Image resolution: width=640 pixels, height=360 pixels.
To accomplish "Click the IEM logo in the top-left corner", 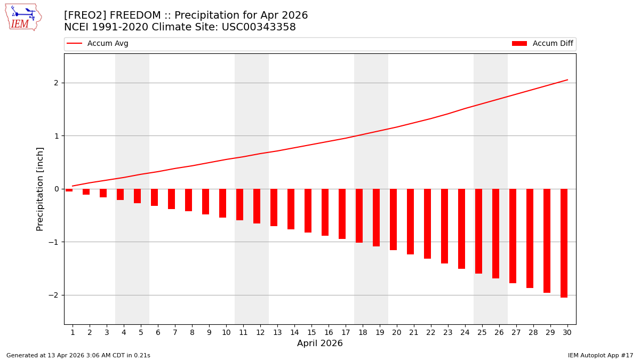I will [23, 17].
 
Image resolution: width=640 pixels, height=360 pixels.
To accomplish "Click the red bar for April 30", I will [564, 243].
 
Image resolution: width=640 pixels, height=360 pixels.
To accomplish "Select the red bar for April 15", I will [308, 211].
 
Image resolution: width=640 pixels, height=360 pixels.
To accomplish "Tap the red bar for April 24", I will [461, 228].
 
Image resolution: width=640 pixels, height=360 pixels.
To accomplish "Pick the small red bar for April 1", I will [69, 190].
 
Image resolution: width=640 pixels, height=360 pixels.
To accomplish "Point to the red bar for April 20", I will [393, 219].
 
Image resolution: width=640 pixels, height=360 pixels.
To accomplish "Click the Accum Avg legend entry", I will [98, 44].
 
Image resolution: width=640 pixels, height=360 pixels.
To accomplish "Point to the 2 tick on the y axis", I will [55, 83].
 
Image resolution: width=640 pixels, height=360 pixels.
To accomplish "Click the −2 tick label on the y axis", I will [53, 295].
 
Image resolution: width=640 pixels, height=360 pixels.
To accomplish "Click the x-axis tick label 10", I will [226, 332].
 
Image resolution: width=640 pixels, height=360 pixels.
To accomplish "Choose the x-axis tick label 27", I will [516, 332].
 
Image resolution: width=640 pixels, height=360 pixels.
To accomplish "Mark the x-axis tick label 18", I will [363, 332].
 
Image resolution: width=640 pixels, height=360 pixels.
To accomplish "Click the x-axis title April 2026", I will [320, 343].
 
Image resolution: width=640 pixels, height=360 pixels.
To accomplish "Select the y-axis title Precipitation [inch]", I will [40, 189].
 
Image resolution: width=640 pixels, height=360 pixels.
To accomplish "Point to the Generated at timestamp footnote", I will [78, 355].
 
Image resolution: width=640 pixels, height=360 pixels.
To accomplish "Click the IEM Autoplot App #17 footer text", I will [601, 355].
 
